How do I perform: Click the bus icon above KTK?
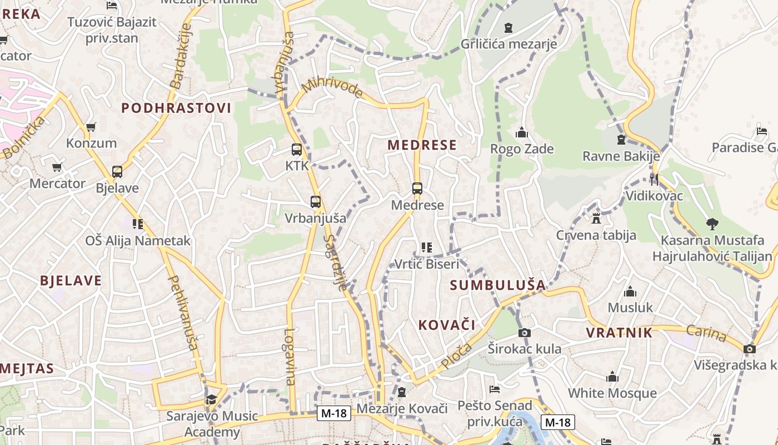coord(297,149)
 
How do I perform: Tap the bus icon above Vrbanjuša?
coord(316,202)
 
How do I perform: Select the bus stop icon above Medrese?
coord(417,189)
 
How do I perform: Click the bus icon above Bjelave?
coord(117,171)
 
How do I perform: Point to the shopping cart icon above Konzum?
coord(91,127)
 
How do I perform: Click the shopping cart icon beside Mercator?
coord(56,167)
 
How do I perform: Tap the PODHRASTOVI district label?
coord(176,108)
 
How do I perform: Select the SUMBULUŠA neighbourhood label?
coord(498,285)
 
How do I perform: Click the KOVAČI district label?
coord(447,325)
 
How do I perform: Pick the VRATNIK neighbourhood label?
coord(619,333)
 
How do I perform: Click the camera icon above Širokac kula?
coord(524,333)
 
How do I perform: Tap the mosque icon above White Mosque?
coord(612,377)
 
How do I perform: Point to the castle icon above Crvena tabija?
coord(596,218)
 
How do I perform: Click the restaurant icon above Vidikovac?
coord(654,179)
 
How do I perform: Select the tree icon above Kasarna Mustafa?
coord(712,224)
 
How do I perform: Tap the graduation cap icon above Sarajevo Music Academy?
coord(211,399)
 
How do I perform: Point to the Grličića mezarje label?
coord(508,44)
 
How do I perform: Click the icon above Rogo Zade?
coord(521,132)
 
